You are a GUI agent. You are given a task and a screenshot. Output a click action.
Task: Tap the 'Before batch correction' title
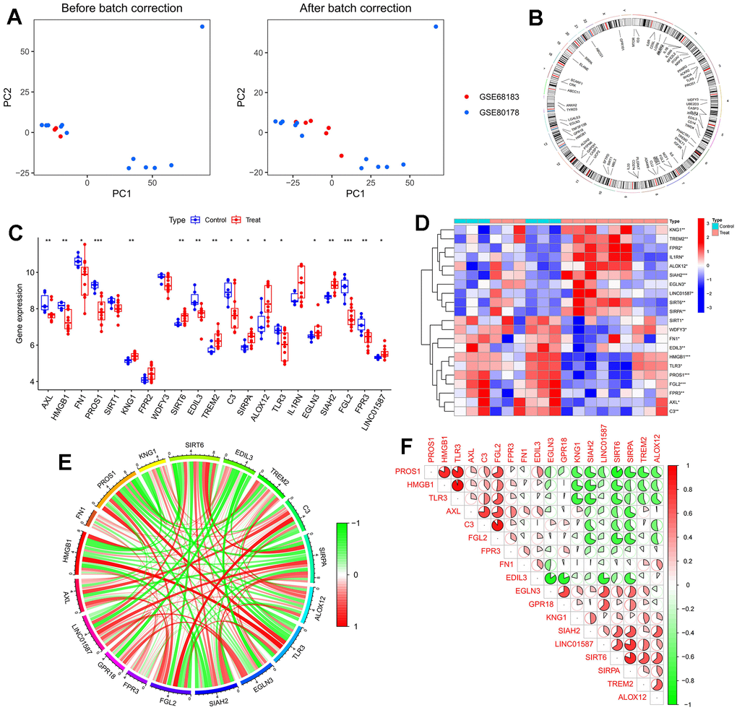(x=121, y=9)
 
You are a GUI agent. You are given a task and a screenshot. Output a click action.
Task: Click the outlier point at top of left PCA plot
(x=202, y=27)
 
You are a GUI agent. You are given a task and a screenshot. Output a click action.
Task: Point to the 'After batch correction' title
(x=355, y=9)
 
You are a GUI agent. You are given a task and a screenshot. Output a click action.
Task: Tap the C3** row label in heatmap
(x=676, y=410)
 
